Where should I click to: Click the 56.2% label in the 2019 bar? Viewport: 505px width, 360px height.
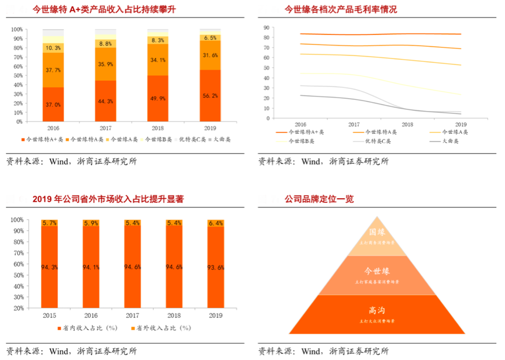[210, 95]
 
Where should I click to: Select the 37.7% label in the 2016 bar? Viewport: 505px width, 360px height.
[53, 70]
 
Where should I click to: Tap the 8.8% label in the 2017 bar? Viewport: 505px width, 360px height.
[106, 44]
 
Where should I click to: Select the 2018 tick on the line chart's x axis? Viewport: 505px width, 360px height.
[407, 124]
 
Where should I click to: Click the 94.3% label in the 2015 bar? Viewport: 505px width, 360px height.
[49, 267]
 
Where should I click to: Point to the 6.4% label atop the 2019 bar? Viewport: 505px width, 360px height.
[216, 223]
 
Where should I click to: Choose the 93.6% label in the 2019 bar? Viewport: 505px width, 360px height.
[216, 268]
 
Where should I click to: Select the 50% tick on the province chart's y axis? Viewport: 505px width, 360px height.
[32, 264]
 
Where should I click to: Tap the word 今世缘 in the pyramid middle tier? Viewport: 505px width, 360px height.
[376, 271]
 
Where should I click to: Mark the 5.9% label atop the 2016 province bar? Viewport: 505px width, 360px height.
[91, 223]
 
